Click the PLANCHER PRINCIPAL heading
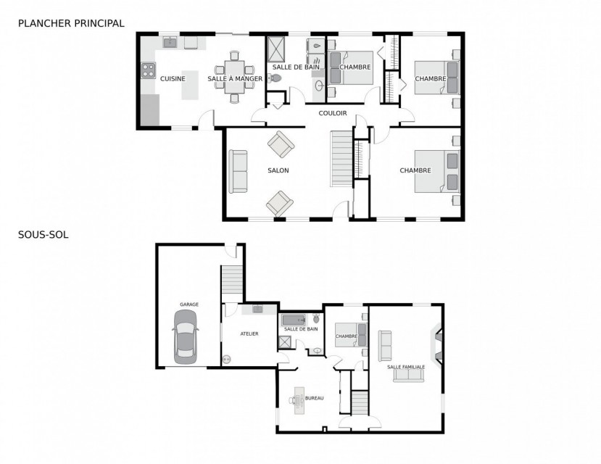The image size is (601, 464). click(71, 23)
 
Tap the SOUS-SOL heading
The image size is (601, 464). click(43, 234)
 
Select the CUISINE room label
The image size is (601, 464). click(173, 78)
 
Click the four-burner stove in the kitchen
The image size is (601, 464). click(148, 70)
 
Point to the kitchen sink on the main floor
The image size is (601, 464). click(170, 42)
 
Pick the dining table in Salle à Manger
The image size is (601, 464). click(235, 77)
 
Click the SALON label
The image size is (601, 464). click(278, 170)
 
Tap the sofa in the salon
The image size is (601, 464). click(238, 171)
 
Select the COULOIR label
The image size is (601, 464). click(333, 113)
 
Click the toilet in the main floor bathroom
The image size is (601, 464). click(275, 78)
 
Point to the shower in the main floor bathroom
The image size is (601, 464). click(276, 49)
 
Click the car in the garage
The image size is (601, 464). click(185, 337)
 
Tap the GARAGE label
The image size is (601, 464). click(189, 304)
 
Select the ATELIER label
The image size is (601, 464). click(249, 333)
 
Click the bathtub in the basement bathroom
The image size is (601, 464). click(294, 320)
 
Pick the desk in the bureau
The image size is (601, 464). click(299, 400)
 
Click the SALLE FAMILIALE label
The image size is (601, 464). click(406, 367)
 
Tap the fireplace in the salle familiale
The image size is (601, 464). click(436, 344)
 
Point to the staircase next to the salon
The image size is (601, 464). click(341, 159)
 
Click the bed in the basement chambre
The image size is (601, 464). click(351, 335)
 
